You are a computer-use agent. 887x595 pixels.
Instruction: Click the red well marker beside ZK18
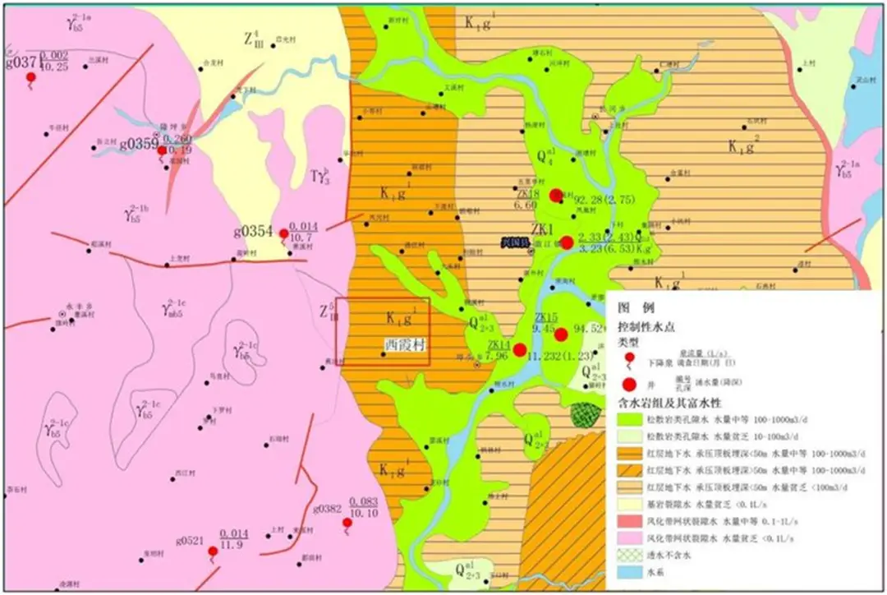click(556, 195)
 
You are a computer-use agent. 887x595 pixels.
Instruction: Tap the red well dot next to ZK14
click(520, 350)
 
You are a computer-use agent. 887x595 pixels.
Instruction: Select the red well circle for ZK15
click(561, 334)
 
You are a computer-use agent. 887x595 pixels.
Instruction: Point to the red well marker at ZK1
click(567, 242)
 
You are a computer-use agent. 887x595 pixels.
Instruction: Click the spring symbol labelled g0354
click(284, 234)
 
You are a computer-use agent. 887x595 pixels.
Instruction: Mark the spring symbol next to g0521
click(212, 551)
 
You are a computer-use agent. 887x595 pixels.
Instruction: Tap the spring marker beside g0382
click(347, 524)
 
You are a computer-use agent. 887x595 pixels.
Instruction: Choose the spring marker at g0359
click(163, 150)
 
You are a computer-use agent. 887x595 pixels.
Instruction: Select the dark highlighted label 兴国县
click(517, 241)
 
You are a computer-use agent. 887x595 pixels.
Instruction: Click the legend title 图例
click(636, 308)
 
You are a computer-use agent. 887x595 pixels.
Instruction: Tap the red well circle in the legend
click(630, 385)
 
